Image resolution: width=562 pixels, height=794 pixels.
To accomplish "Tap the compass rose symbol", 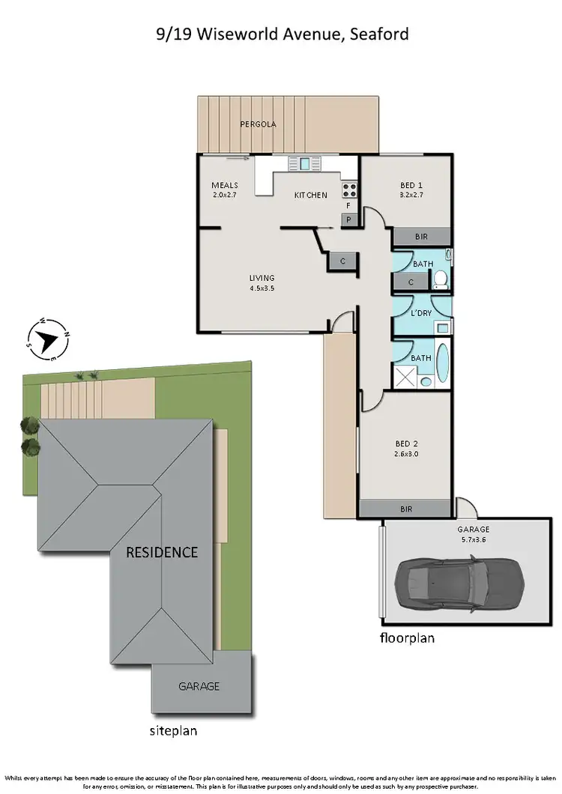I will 48,339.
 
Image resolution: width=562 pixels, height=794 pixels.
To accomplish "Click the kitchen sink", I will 305,163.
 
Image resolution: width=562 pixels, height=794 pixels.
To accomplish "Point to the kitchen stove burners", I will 349,190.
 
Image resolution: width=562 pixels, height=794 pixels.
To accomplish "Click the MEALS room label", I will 224,185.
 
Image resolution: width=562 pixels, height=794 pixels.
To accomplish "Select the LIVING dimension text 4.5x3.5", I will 262,288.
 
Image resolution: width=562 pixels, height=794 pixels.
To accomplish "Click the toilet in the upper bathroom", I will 441,279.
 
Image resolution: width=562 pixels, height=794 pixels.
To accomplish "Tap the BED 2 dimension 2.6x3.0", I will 406,454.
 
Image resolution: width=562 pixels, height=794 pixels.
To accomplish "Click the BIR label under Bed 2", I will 406,509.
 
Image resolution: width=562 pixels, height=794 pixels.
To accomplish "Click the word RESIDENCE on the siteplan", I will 162,553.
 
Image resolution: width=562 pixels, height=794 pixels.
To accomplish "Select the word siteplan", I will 172,730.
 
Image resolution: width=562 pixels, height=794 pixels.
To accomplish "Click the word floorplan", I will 406,638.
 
